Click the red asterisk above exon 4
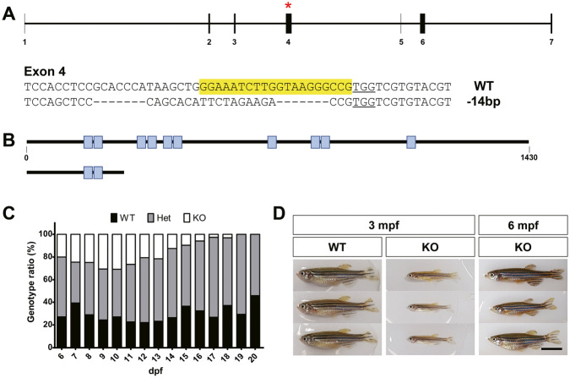289,6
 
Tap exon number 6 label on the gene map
422,41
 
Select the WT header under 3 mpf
335,248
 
